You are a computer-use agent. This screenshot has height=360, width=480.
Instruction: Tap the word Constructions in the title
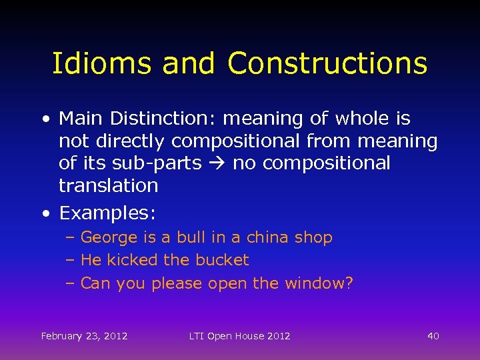coord(327,63)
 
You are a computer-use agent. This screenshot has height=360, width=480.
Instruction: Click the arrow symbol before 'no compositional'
coord(217,163)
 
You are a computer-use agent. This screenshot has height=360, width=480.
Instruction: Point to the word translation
coord(109,185)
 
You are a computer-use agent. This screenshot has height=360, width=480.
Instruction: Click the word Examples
coord(107,213)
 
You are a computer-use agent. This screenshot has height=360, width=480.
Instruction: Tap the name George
coord(109,238)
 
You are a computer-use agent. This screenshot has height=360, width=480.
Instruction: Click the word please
coord(177,284)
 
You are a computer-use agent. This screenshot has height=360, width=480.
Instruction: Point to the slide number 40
coord(433,336)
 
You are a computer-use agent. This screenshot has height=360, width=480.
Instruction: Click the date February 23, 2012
coord(84,336)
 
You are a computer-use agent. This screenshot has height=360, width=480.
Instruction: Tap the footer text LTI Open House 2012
coord(239,336)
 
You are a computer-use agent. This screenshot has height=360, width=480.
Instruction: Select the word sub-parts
coord(163,163)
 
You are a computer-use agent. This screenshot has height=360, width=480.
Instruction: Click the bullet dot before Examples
coord(45,214)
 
